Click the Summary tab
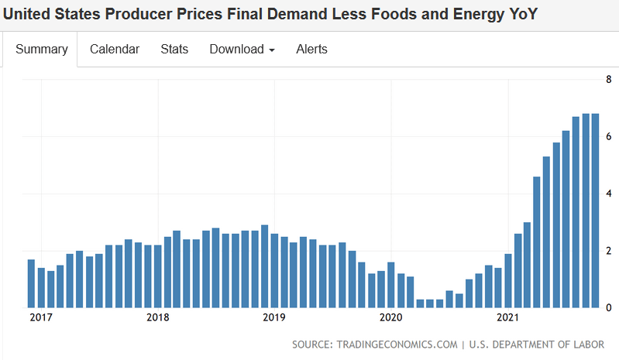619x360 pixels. (42, 50)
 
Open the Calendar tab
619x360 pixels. (115, 50)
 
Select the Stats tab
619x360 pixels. (174, 50)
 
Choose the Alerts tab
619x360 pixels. (311, 50)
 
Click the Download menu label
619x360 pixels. (236, 50)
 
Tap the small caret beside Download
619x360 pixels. (272, 50)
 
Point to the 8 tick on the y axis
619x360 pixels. (609, 79)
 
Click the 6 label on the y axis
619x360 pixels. (609, 136)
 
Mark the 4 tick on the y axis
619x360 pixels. (609, 194)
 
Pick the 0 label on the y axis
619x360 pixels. (609, 308)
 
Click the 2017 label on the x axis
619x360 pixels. (41, 317)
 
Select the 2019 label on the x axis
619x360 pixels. (274, 317)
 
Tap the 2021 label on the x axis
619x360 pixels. (507, 317)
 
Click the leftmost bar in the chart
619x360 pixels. (31, 283)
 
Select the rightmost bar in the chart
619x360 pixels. (596, 211)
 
